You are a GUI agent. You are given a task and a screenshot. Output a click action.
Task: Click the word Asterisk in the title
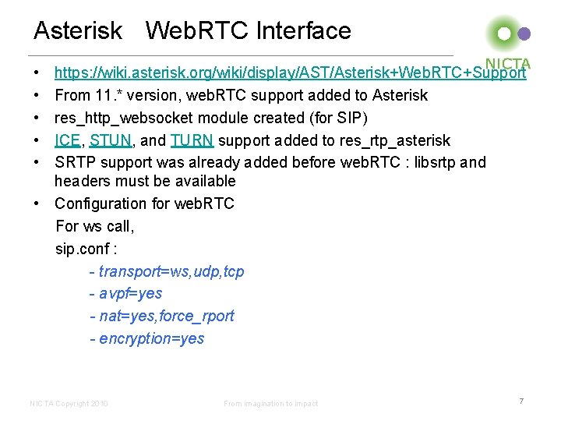(78, 31)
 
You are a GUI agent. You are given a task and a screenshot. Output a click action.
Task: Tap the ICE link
(68, 140)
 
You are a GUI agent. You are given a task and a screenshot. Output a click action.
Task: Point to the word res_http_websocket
(121, 118)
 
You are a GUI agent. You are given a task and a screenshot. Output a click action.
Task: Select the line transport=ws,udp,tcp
(167, 271)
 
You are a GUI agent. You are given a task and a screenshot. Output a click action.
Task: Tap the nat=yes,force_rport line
(161, 316)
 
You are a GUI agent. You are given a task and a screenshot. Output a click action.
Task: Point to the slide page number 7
(521, 401)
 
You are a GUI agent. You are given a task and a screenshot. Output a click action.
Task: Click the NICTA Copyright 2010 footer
(69, 403)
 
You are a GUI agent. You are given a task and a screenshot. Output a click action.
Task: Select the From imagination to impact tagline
(270, 403)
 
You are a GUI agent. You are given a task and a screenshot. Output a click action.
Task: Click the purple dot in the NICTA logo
(524, 34)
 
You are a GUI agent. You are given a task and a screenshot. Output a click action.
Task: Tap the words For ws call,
(95, 227)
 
